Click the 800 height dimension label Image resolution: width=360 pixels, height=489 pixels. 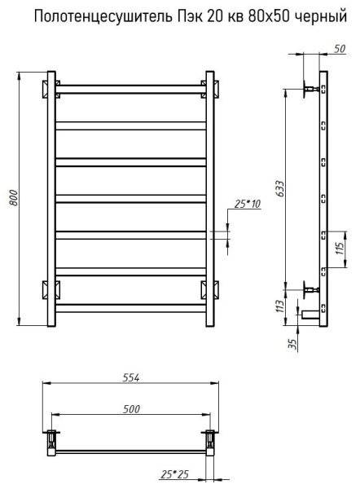click(x=13, y=198)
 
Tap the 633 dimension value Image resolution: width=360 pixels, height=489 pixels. click(x=280, y=188)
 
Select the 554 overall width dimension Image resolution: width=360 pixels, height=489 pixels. click(x=131, y=377)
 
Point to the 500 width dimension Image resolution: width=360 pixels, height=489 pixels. click(x=131, y=409)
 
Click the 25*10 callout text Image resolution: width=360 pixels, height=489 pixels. click(x=247, y=204)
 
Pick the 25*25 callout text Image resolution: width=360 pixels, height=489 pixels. click(x=175, y=474)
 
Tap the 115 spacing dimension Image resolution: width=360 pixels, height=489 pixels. click(x=340, y=249)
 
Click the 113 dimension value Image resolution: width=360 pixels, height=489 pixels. click(x=280, y=307)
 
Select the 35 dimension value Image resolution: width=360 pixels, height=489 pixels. click(x=292, y=344)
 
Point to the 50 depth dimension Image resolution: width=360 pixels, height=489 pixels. click(x=340, y=49)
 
